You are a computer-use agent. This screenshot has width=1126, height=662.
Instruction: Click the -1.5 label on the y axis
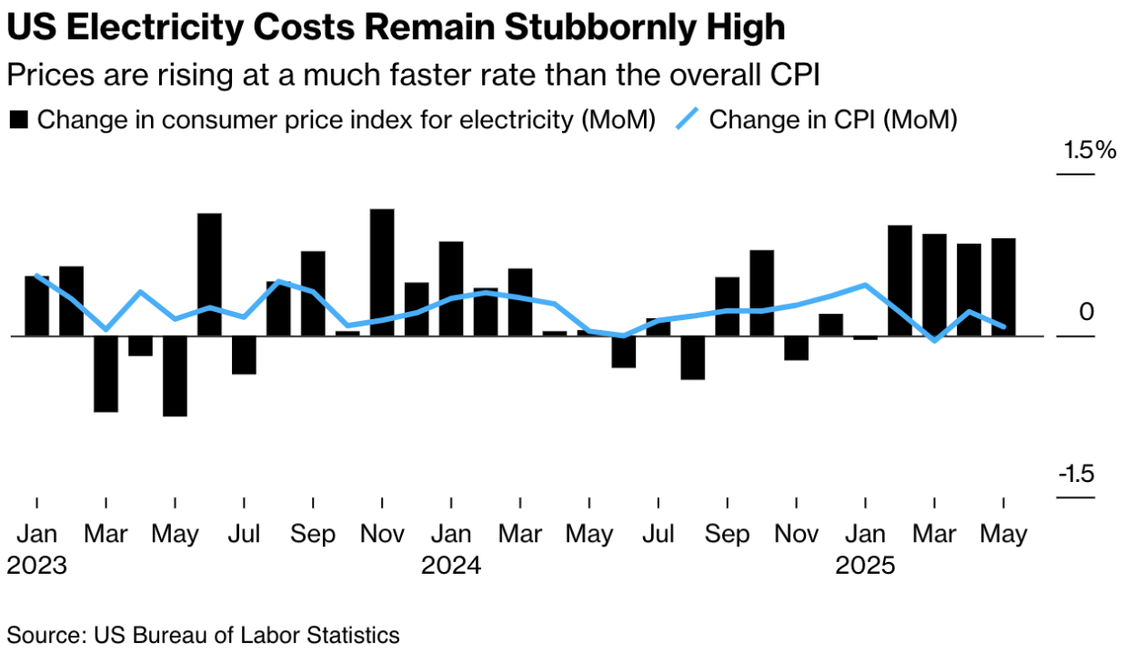point(1076,476)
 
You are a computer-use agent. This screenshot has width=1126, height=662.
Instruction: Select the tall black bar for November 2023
point(382,272)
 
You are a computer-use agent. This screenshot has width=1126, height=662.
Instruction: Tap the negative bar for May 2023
point(175,376)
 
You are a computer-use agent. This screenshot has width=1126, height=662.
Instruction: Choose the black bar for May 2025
point(1003,286)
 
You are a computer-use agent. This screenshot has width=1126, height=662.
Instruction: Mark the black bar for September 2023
point(313,293)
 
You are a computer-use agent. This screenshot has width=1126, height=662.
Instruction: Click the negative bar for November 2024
point(797,348)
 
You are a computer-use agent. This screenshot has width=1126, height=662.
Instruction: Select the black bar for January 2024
point(451,288)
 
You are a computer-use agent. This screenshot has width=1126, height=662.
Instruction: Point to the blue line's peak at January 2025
point(865,285)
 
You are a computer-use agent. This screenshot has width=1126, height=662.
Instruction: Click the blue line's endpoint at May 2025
point(1003,326)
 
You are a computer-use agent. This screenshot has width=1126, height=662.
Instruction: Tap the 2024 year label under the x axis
point(451,566)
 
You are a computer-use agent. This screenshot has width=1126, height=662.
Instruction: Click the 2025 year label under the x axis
point(866,566)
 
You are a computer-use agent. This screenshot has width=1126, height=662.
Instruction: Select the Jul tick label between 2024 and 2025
point(659,534)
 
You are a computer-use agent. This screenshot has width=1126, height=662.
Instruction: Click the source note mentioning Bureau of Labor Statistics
point(204,634)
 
